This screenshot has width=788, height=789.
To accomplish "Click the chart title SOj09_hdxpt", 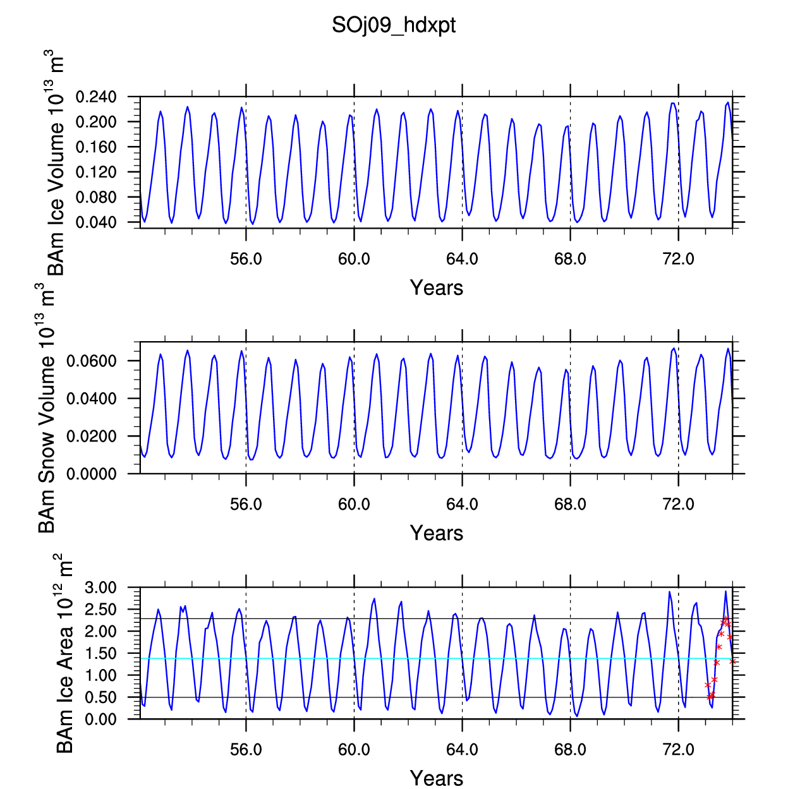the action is tap(394, 26).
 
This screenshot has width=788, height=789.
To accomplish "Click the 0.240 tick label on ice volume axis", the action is tap(96, 97).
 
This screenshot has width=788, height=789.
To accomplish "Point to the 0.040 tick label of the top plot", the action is tap(96, 222).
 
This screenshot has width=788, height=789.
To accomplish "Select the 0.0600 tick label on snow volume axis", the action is tap(92, 361).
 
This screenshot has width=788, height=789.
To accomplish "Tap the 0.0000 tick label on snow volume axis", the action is tap(92, 474).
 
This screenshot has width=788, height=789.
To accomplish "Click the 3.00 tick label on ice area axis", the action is tap(101, 587).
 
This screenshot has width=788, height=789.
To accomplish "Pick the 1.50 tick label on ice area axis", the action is tap(101, 653).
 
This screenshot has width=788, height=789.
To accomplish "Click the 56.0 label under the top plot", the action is tap(246, 259).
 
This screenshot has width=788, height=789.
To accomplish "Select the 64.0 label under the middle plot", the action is tap(462, 504).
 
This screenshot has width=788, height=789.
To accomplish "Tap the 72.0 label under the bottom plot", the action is tap(679, 749).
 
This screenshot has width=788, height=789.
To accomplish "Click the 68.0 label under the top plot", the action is tap(571, 259).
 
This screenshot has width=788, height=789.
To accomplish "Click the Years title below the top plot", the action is tap(437, 287).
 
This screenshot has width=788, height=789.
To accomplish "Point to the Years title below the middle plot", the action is tap(437, 533).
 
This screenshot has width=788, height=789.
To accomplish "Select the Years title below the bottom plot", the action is tap(437, 778).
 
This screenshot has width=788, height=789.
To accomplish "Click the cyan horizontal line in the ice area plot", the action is tap(437, 658).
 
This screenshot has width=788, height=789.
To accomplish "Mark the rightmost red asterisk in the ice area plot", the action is tap(732, 661).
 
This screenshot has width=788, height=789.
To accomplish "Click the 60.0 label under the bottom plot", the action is tap(354, 749).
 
